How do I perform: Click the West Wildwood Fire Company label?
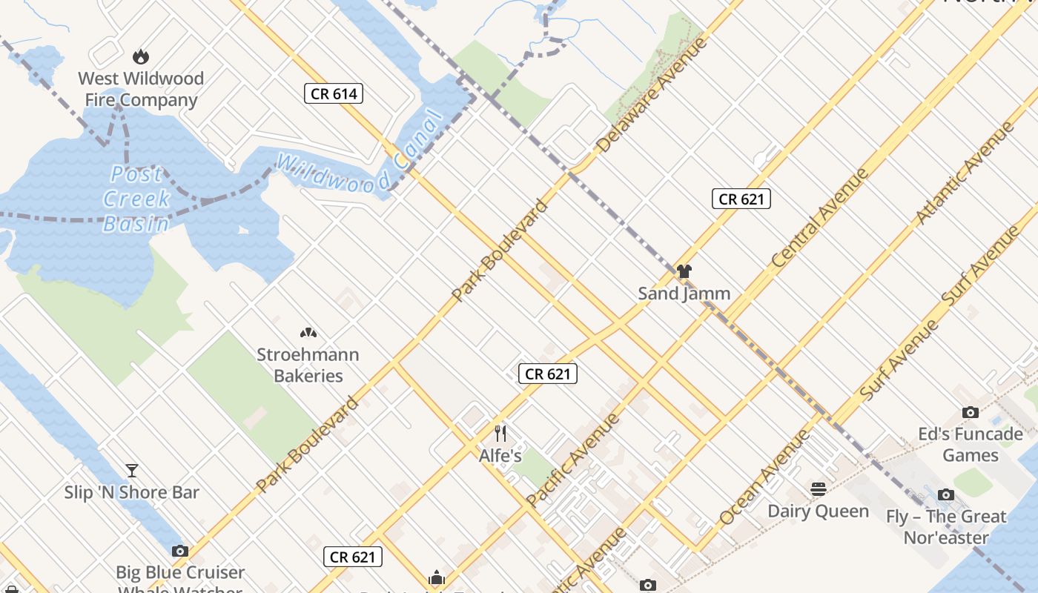coord(141,89)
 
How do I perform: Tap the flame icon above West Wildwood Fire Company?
coord(140,56)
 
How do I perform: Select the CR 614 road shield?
coord(334,93)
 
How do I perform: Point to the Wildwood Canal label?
coord(359,157)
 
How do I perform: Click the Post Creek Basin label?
coord(136,199)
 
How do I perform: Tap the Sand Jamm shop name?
coord(684,294)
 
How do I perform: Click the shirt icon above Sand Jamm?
coord(684,271)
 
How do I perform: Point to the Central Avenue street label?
coord(819,218)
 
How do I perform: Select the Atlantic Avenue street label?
coord(965,173)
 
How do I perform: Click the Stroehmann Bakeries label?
coord(308,365)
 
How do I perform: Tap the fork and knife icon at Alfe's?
coord(500,433)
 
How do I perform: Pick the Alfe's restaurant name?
coord(500,456)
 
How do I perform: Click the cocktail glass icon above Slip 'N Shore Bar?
coord(132,470)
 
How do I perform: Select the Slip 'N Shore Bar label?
coord(132,492)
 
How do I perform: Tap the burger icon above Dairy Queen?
coord(819,488)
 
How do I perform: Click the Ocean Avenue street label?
coord(765,477)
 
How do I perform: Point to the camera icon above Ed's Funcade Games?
coord(970,412)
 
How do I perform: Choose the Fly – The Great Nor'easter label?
coord(946,526)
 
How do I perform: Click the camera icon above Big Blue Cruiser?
coord(179,551)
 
